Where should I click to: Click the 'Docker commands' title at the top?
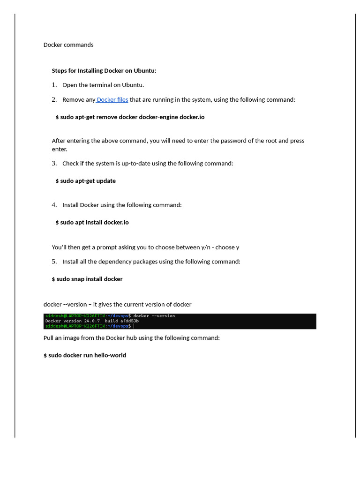pos(68,45)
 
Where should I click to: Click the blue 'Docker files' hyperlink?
pos(112,100)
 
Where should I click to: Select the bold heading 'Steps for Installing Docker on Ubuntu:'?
pos(104,71)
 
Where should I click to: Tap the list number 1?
pos(54,85)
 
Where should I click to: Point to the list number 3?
pos(54,164)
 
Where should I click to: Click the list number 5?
pos(54,262)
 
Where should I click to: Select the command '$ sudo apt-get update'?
pos(85,181)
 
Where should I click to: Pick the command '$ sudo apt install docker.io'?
pos(92,223)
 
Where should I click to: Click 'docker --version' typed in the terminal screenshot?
pos(154,316)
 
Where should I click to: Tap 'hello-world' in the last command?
pos(110,355)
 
